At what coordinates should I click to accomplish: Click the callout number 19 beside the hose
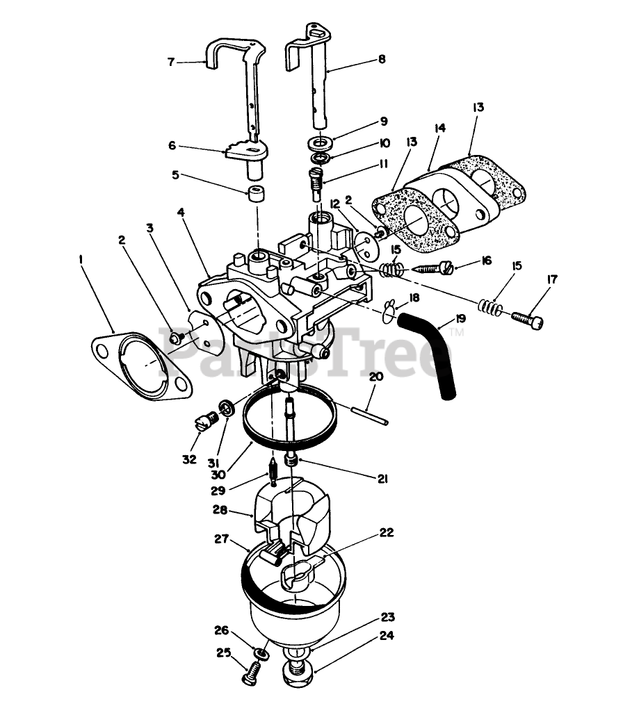460,318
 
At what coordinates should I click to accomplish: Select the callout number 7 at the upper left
171,62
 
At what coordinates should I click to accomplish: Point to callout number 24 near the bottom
387,635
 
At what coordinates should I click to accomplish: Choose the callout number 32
190,459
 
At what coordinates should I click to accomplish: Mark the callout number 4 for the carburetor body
181,212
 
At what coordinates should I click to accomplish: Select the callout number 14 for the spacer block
440,128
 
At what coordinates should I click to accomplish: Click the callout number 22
387,532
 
